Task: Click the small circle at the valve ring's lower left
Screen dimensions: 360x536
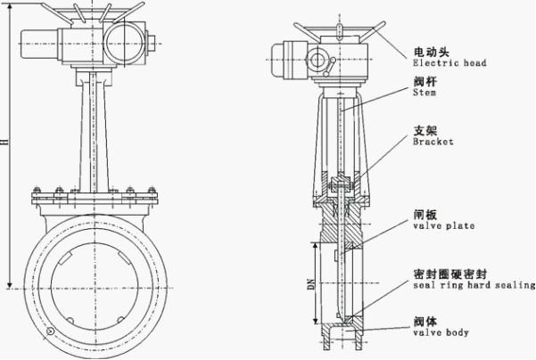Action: pos(51,332)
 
